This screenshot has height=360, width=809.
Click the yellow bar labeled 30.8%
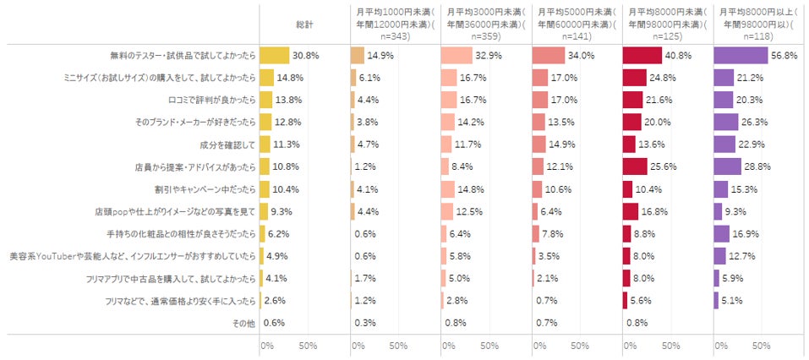click(x=275, y=56)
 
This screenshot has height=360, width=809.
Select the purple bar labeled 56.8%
click(x=741, y=56)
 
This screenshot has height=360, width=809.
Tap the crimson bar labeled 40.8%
click(x=642, y=56)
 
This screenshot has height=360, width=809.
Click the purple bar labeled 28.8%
click(x=727, y=166)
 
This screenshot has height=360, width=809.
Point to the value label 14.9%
click(x=380, y=56)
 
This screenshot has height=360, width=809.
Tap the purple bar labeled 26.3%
click(x=726, y=122)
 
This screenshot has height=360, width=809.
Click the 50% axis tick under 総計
click(x=308, y=345)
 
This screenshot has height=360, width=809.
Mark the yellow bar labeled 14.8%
click(x=266, y=78)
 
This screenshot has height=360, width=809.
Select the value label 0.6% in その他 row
click(x=273, y=322)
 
